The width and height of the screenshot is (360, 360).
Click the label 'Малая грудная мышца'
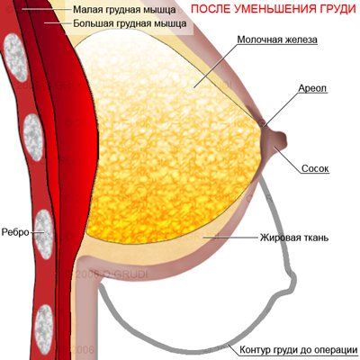[x=124, y=10]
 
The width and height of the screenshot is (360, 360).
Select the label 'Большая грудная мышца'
[x=130, y=23]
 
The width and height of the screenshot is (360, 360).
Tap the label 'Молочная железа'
[x=277, y=40]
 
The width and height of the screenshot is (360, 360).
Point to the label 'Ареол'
[x=312, y=88]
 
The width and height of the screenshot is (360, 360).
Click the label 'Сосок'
[x=315, y=168]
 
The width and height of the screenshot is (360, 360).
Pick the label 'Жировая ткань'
[x=294, y=238]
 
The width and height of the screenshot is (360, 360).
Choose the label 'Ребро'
[x=15, y=232]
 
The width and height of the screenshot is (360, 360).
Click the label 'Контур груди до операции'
[x=299, y=350]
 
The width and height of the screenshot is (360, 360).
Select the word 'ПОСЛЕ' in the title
[x=211, y=9]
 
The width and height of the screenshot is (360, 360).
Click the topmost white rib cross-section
[x=15, y=58]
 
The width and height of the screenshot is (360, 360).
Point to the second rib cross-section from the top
[x=33, y=138]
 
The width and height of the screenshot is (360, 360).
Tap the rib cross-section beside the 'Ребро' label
[x=44, y=234]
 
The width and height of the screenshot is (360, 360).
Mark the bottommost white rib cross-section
[x=44, y=328]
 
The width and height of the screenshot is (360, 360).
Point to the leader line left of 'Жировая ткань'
[x=232, y=238]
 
